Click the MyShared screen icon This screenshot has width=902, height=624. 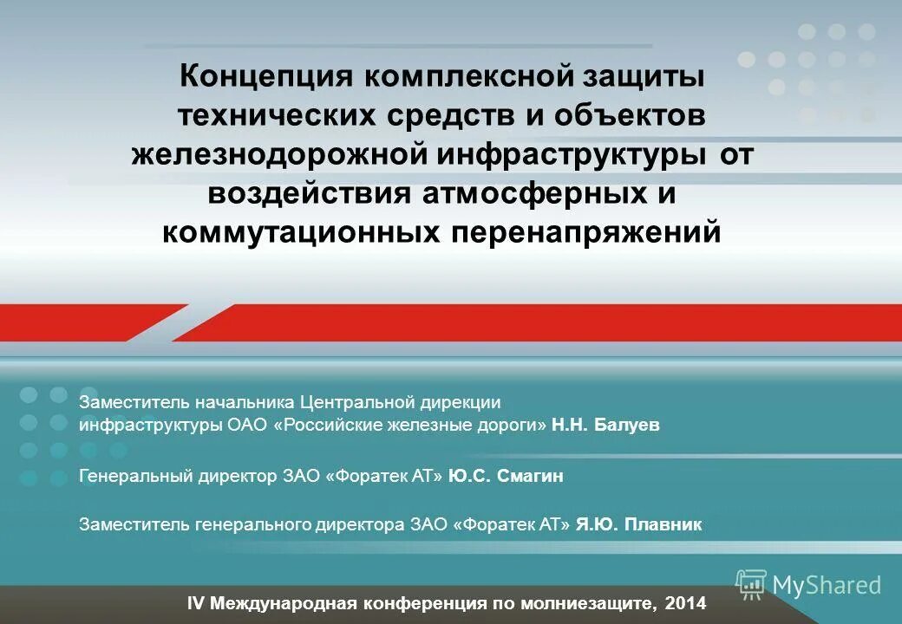click(751, 583)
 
